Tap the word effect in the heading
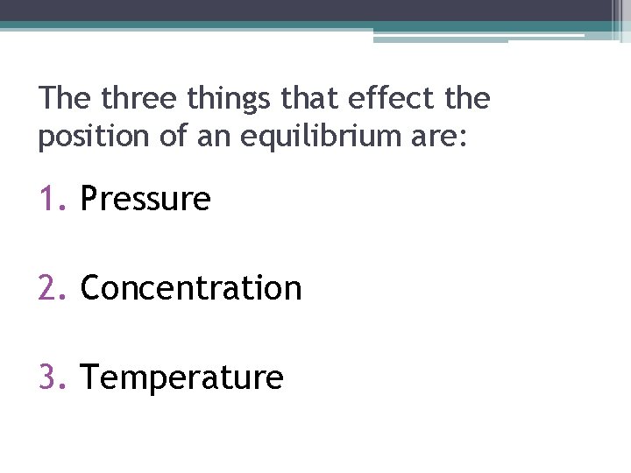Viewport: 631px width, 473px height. click(386, 98)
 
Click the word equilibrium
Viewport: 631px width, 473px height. click(322, 138)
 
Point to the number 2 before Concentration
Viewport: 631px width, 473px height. click(47, 288)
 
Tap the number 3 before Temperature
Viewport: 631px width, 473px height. click(47, 378)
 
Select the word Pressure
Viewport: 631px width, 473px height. click(145, 200)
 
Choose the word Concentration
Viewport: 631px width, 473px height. click(191, 288)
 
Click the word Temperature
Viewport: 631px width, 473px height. click(182, 378)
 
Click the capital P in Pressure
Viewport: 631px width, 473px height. click(89, 200)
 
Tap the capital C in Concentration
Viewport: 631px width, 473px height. click(90, 288)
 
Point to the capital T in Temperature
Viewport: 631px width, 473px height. click(89, 378)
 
